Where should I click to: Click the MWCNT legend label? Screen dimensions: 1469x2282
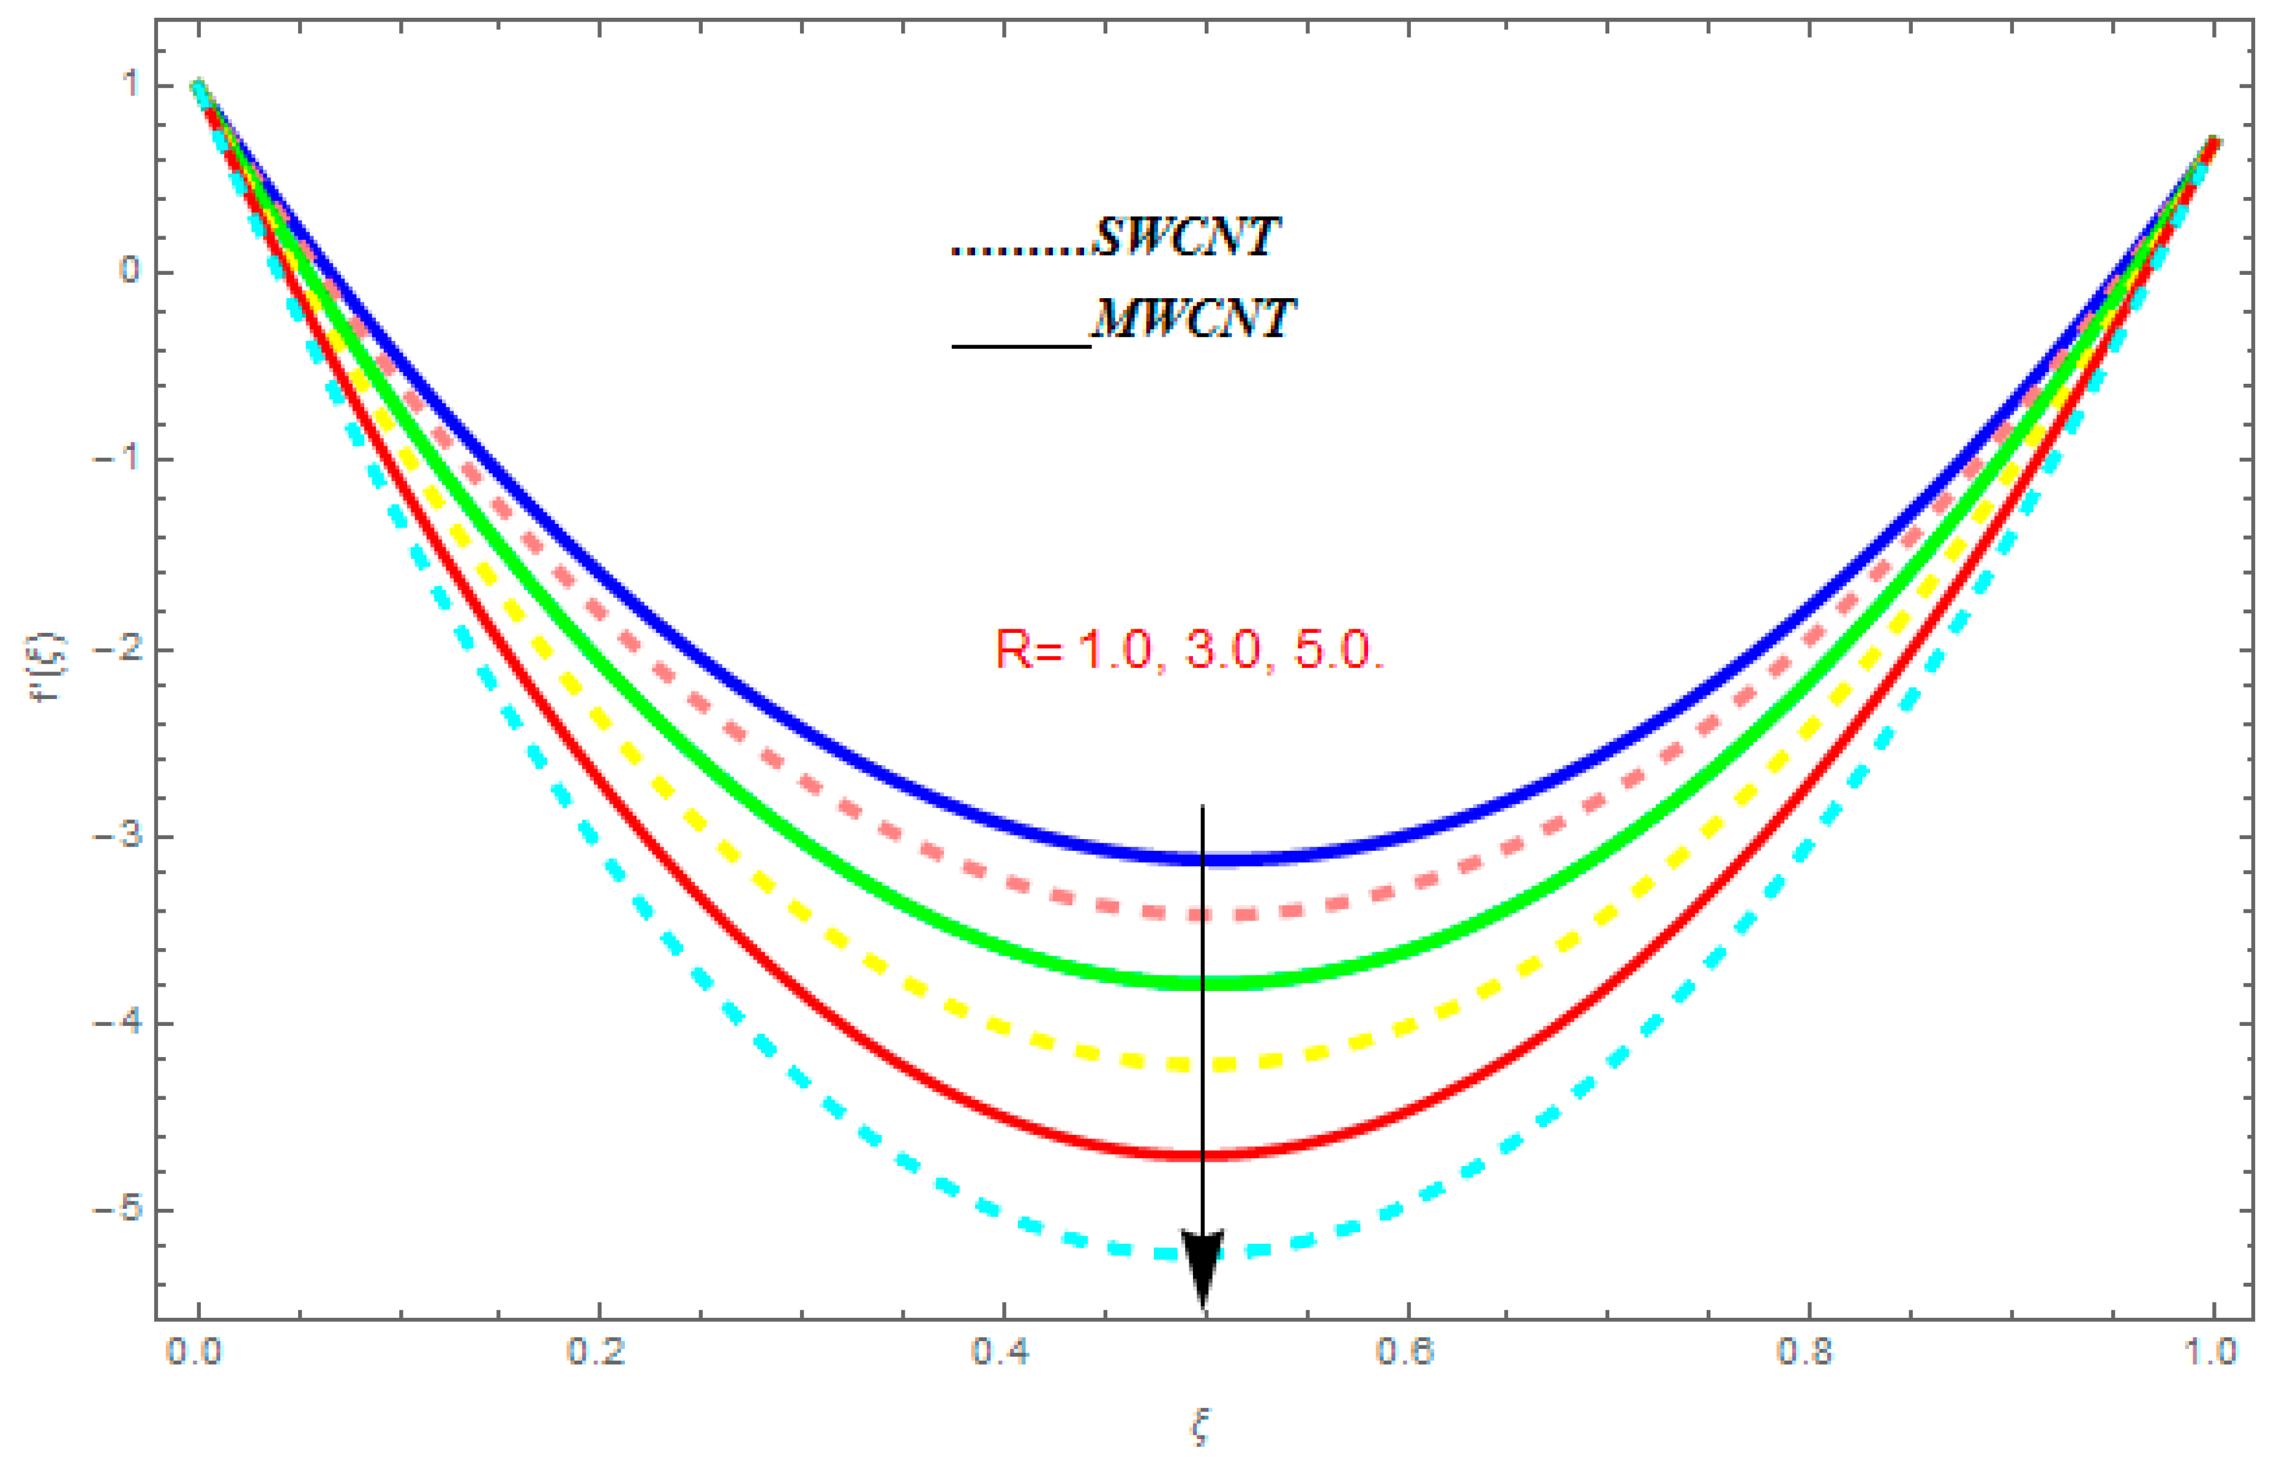[x=1192, y=319]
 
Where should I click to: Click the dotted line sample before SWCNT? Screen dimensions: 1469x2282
[x=1019, y=252]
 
